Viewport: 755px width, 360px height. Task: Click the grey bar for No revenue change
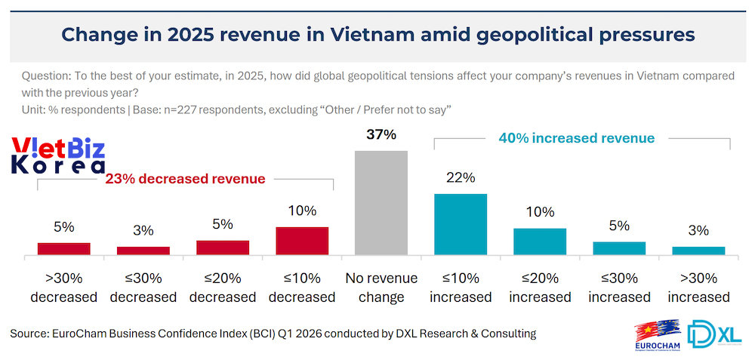[381, 202]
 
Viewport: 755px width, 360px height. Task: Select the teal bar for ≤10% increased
[461, 224]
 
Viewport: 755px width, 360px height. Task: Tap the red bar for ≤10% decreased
[302, 241]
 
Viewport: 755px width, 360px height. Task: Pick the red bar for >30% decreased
[64, 248]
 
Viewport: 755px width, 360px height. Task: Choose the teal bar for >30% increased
[698, 251]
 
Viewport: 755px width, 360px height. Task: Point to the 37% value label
[381, 135]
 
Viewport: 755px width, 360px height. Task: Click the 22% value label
[461, 178]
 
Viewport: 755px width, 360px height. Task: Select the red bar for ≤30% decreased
[143, 251]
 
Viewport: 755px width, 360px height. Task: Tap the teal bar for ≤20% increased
[540, 242]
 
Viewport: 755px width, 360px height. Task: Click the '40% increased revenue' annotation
[577, 139]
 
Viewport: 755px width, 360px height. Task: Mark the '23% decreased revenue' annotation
[185, 179]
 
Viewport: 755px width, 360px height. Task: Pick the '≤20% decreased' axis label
[223, 288]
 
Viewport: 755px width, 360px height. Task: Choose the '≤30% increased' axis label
[619, 288]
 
